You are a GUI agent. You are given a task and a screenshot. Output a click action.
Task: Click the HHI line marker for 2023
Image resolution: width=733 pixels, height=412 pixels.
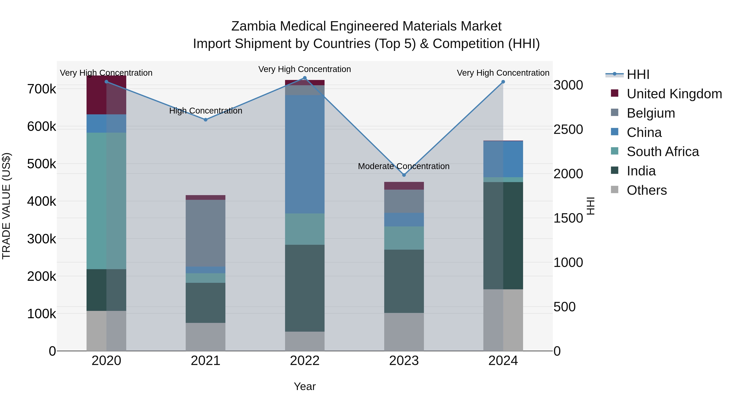(x=404, y=175)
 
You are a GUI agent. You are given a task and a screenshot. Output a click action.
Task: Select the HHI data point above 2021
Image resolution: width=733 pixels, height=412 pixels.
(x=205, y=120)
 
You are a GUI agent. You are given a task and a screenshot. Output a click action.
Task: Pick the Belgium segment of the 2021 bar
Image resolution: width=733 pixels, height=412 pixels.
(x=205, y=233)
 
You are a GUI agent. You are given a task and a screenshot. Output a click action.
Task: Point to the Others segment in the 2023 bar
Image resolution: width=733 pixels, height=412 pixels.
(x=404, y=332)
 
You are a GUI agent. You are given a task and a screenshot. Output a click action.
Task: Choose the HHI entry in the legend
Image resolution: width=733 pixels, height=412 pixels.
(x=638, y=74)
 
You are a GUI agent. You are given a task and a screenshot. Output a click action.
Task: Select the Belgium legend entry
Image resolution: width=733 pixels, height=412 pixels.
(x=651, y=113)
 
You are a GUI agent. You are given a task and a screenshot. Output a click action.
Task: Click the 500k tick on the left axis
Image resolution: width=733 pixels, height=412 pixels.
(x=42, y=164)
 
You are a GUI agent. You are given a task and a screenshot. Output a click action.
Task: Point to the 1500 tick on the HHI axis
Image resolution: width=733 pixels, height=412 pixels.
(x=568, y=218)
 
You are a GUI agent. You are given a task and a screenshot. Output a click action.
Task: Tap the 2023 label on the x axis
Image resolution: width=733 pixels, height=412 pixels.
(x=404, y=361)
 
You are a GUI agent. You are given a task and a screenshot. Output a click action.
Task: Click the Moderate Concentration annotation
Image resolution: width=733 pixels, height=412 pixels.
(x=404, y=166)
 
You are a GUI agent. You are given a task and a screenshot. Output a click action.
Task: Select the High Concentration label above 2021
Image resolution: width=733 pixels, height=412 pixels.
(x=205, y=111)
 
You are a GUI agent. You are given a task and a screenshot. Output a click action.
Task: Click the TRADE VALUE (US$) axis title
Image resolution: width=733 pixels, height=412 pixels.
(x=6, y=206)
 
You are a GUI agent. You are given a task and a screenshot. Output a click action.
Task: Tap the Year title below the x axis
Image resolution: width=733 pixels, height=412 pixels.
(x=304, y=386)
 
